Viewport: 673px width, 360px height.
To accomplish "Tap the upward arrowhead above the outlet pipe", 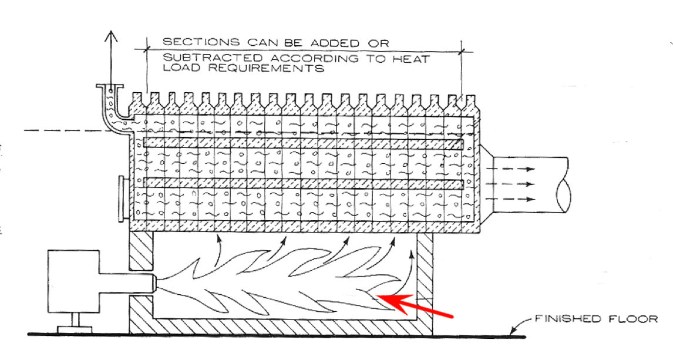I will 110,36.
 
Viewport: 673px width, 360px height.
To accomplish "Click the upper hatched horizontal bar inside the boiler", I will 302,143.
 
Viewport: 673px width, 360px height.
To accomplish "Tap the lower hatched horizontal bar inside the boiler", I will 302,183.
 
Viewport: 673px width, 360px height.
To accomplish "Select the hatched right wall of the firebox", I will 425,282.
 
